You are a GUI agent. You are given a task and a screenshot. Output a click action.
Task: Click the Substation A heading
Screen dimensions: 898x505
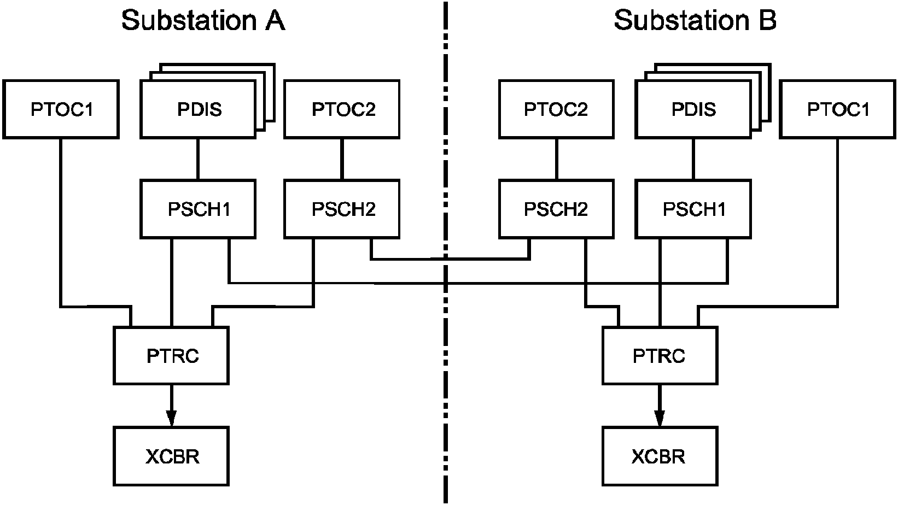(203, 20)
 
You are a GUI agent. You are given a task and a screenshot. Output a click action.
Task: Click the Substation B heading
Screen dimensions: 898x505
(695, 20)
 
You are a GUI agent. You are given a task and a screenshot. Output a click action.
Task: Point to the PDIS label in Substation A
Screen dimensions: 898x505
(199, 109)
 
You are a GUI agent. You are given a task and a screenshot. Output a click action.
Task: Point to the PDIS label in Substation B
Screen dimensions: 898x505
(693, 109)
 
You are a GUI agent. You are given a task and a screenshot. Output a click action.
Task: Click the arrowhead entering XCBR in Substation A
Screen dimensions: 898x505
(171, 419)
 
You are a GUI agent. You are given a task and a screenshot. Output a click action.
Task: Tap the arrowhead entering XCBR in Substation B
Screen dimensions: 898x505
(660, 419)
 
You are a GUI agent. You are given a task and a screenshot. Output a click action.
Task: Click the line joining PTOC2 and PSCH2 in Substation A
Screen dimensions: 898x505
(342, 160)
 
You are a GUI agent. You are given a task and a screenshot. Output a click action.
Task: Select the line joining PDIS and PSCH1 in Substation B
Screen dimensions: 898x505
(693, 160)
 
